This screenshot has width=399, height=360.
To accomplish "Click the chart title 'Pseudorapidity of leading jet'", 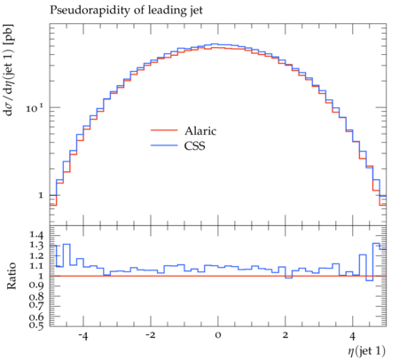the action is tap(126, 11).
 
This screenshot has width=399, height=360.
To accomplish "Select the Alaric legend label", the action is tap(200, 130).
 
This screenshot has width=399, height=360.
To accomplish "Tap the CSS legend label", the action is tap(194, 145).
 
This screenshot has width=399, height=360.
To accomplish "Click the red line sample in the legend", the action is tap(164, 130).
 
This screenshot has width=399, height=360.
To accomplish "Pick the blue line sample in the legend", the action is tap(164, 145).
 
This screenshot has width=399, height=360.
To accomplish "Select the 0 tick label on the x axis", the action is tap(218, 336).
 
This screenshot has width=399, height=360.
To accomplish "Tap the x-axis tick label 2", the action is tap(286, 336).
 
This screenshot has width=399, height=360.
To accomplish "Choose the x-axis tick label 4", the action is tap(353, 336).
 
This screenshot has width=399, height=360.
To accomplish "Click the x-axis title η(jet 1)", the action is tap(366, 351).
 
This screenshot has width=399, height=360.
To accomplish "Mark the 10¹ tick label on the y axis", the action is tap(35, 107).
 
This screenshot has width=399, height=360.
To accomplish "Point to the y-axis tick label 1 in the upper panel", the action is tap(41, 195).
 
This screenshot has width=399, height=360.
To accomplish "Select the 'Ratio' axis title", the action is tap(12, 276).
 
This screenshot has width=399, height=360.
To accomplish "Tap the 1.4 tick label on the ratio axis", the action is tap(36, 235).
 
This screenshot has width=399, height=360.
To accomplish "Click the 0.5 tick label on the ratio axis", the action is tap(36, 325).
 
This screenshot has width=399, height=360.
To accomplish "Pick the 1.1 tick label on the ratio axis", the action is tap(36, 266).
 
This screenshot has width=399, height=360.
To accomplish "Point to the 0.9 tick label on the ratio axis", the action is tap(36, 285).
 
